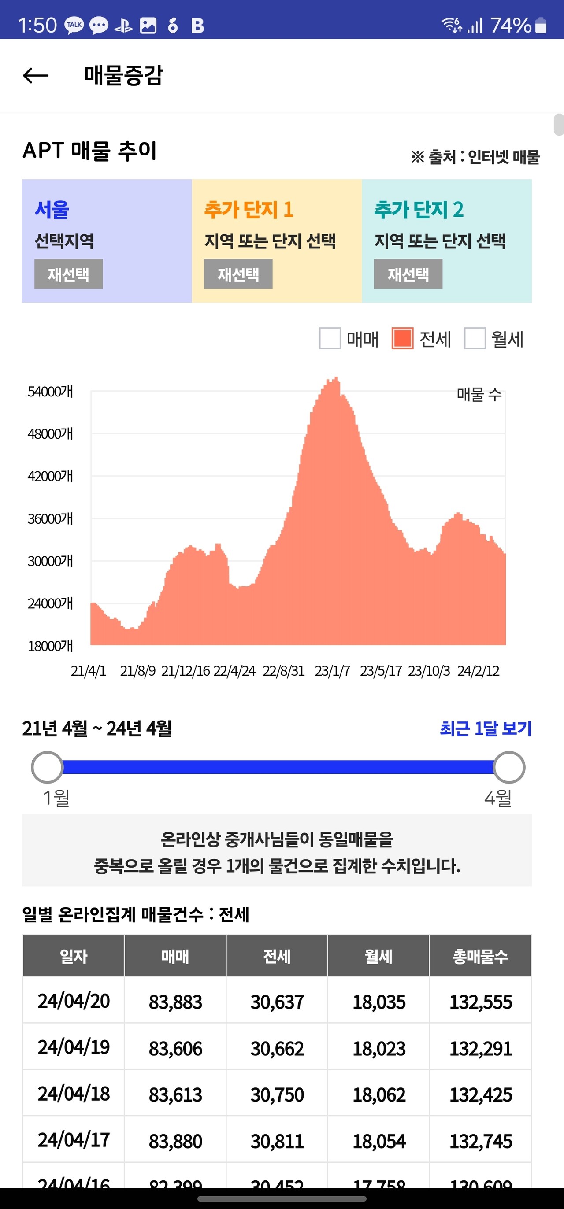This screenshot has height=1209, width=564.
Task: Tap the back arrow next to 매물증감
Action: click(x=36, y=75)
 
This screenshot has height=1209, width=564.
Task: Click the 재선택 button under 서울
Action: click(x=69, y=274)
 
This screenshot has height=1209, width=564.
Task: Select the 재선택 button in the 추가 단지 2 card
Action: click(x=408, y=274)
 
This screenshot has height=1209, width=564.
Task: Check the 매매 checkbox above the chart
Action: click(x=330, y=338)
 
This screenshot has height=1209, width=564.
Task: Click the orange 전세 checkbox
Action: click(x=402, y=338)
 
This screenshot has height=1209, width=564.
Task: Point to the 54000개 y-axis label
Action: click(x=50, y=392)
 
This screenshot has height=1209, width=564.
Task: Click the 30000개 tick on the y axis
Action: click(x=50, y=561)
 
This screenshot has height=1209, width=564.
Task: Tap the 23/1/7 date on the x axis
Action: click(x=332, y=671)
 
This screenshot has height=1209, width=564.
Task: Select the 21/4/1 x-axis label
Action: click(x=88, y=671)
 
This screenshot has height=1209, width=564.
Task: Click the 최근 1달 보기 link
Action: click(x=485, y=728)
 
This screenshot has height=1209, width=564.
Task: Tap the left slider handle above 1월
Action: click(x=48, y=767)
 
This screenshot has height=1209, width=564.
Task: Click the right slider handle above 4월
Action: click(x=509, y=767)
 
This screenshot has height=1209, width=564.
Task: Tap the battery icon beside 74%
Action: click(x=541, y=26)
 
